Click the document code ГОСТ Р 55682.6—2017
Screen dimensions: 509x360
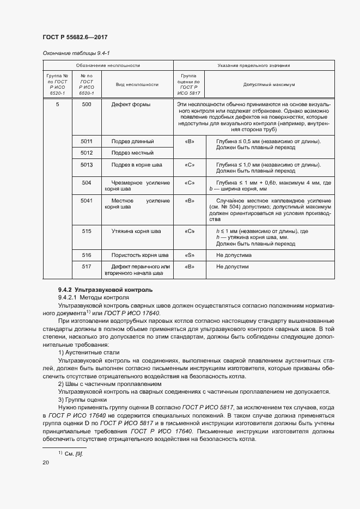(x=74, y=36)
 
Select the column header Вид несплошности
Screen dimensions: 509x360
(x=137, y=85)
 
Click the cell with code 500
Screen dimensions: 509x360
(x=86, y=104)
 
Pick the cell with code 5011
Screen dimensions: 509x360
(x=86, y=141)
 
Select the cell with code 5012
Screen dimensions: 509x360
(x=86, y=152)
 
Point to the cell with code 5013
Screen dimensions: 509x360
(x=86, y=164)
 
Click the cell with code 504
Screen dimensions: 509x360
(x=86, y=182)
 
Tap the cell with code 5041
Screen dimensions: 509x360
(x=86, y=200)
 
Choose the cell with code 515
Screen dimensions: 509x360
(x=86, y=231)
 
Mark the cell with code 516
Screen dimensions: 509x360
(x=86, y=255)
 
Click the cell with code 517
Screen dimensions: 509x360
(x=86, y=267)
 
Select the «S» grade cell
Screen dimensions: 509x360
(x=190, y=255)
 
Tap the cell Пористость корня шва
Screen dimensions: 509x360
(x=140, y=255)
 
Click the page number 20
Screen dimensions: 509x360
(x=45, y=463)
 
